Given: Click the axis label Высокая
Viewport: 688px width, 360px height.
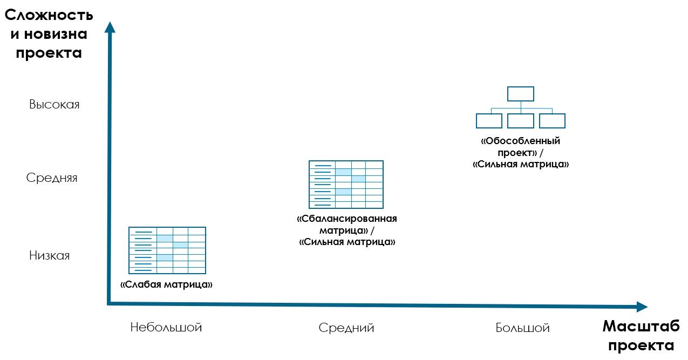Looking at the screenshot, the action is click(55, 105).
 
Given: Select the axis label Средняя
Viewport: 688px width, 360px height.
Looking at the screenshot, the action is click(52, 178).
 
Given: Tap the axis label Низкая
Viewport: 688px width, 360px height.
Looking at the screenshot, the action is click(50, 256).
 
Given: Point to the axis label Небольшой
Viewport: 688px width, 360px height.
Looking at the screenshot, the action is click(166, 328).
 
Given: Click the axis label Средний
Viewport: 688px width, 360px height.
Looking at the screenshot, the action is click(346, 328).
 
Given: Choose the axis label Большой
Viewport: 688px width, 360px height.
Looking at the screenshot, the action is click(522, 328).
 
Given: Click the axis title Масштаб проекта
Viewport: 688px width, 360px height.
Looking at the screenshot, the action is click(641, 336).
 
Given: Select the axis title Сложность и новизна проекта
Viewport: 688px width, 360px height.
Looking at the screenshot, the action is click(49, 35).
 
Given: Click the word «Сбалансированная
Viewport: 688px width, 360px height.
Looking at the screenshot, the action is click(347, 219).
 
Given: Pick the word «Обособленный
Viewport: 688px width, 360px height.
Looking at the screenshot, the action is click(520, 141).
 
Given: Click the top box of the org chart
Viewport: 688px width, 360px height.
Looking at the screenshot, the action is click(521, 94).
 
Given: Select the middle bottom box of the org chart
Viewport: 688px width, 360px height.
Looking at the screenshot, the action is click(521, 121).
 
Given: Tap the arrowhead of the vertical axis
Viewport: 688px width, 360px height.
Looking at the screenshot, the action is click(110, 27).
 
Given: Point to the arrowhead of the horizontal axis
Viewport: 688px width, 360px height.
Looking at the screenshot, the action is click(642, 307).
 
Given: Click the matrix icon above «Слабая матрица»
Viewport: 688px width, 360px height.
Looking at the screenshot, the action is click(167, 250).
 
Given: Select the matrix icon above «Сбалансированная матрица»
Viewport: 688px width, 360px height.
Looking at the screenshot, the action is click(346, 185).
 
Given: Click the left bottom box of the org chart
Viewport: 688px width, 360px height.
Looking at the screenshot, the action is click(489, 121).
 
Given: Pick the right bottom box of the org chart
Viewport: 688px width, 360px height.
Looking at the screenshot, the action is click(552, 121).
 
